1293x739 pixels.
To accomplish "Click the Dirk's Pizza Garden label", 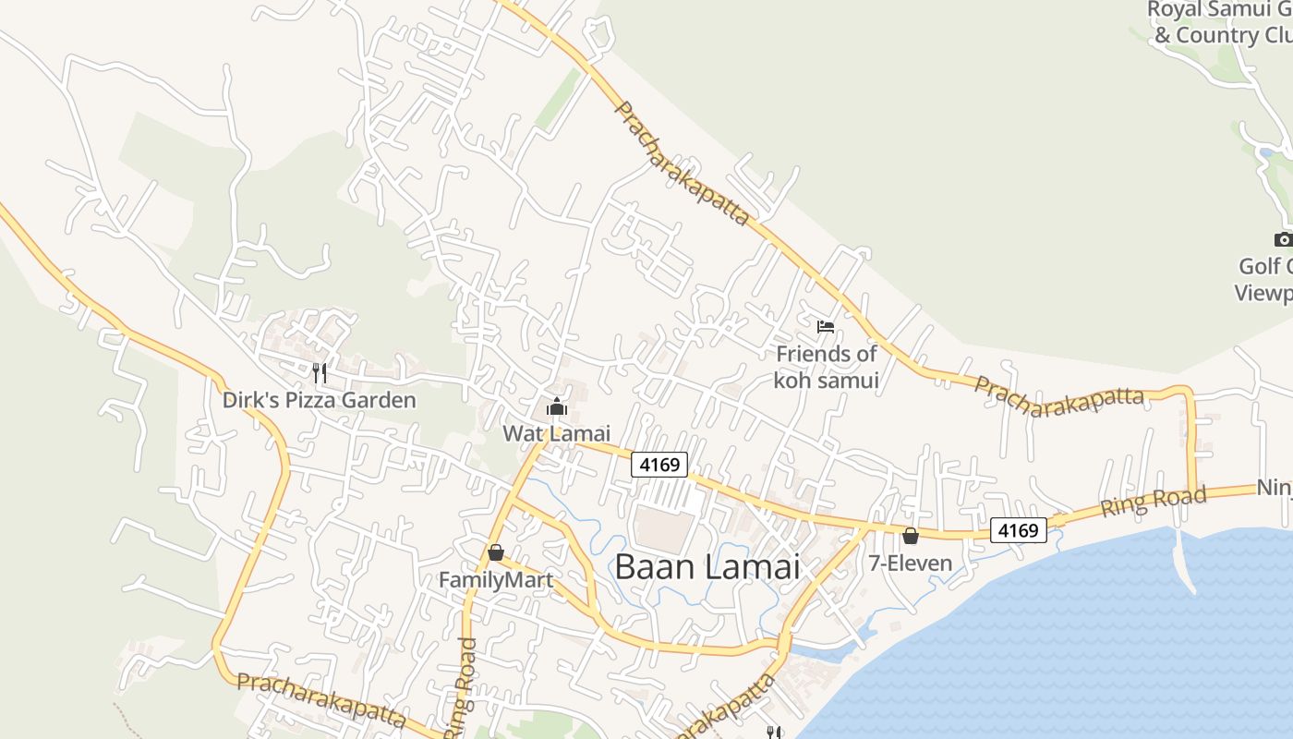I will point(319,400).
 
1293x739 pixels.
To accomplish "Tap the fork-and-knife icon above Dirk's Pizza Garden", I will point(320,372).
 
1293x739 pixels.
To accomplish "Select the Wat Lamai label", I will point(556,432).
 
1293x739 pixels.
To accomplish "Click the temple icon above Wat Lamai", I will point(557,406).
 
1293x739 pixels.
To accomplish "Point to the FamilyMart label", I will point(495,579).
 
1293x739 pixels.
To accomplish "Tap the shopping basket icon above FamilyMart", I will point(496,552).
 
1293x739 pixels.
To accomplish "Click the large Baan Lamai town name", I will point(707,566).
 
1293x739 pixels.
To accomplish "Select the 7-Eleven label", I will point(910,562).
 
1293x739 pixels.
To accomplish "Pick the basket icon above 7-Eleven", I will point(911,535).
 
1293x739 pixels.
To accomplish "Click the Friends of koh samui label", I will point(826,367).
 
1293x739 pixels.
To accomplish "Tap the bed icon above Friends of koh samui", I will point(826,326).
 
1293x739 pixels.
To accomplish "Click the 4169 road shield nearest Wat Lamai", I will point(659,464).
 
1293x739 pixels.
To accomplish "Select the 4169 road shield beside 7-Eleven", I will point(1019,530).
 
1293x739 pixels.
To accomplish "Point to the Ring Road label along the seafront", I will point(1153,502).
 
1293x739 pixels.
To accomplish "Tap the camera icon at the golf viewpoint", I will point(1283,240).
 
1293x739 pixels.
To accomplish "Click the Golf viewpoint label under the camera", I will point(1264,279).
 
